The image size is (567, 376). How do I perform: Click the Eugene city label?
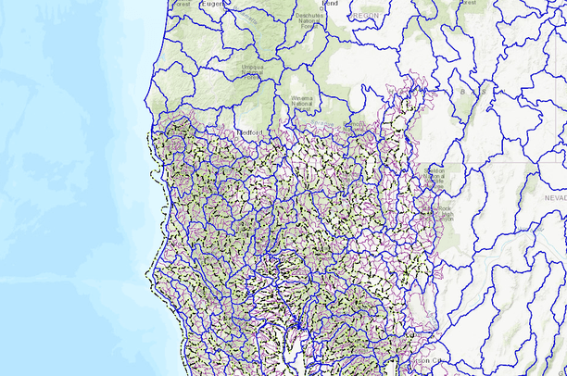(x=213, y=5)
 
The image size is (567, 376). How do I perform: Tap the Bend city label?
(x=329, y=4)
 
